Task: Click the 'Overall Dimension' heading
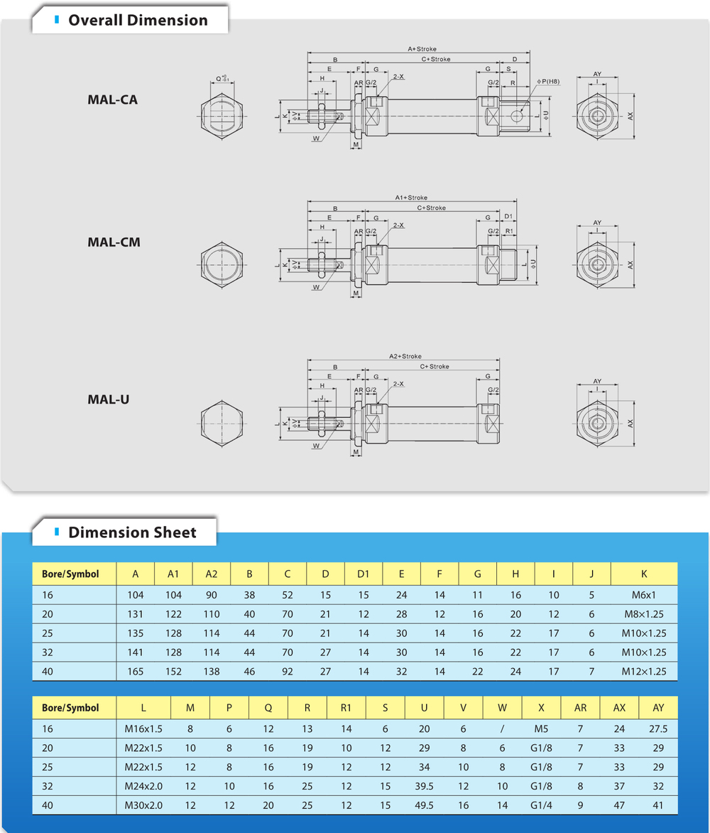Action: tap(138, 20)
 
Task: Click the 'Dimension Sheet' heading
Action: tap(132, 532)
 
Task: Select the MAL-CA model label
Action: tap(112, 100)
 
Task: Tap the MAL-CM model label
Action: tap(114, 242)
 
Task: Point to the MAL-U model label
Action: tap(108, 399)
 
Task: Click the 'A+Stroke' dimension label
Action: tap(422, 49)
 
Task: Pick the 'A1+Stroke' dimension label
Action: tap(411, 198)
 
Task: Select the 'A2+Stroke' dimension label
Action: tap(405, 356)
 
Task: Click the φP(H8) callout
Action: tap(549, 82)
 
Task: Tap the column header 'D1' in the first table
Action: tap(364, 574)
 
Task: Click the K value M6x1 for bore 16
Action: tap(644, 595)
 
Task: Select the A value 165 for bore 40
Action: tap(135, 671)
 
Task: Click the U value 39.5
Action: tap(425, 786)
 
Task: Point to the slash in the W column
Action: tap(502, 729)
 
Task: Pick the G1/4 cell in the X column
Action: tap(541, 805)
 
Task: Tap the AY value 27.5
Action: tap(657, 729)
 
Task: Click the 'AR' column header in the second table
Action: tap(580, 708)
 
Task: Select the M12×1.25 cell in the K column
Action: tap(644, 671)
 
